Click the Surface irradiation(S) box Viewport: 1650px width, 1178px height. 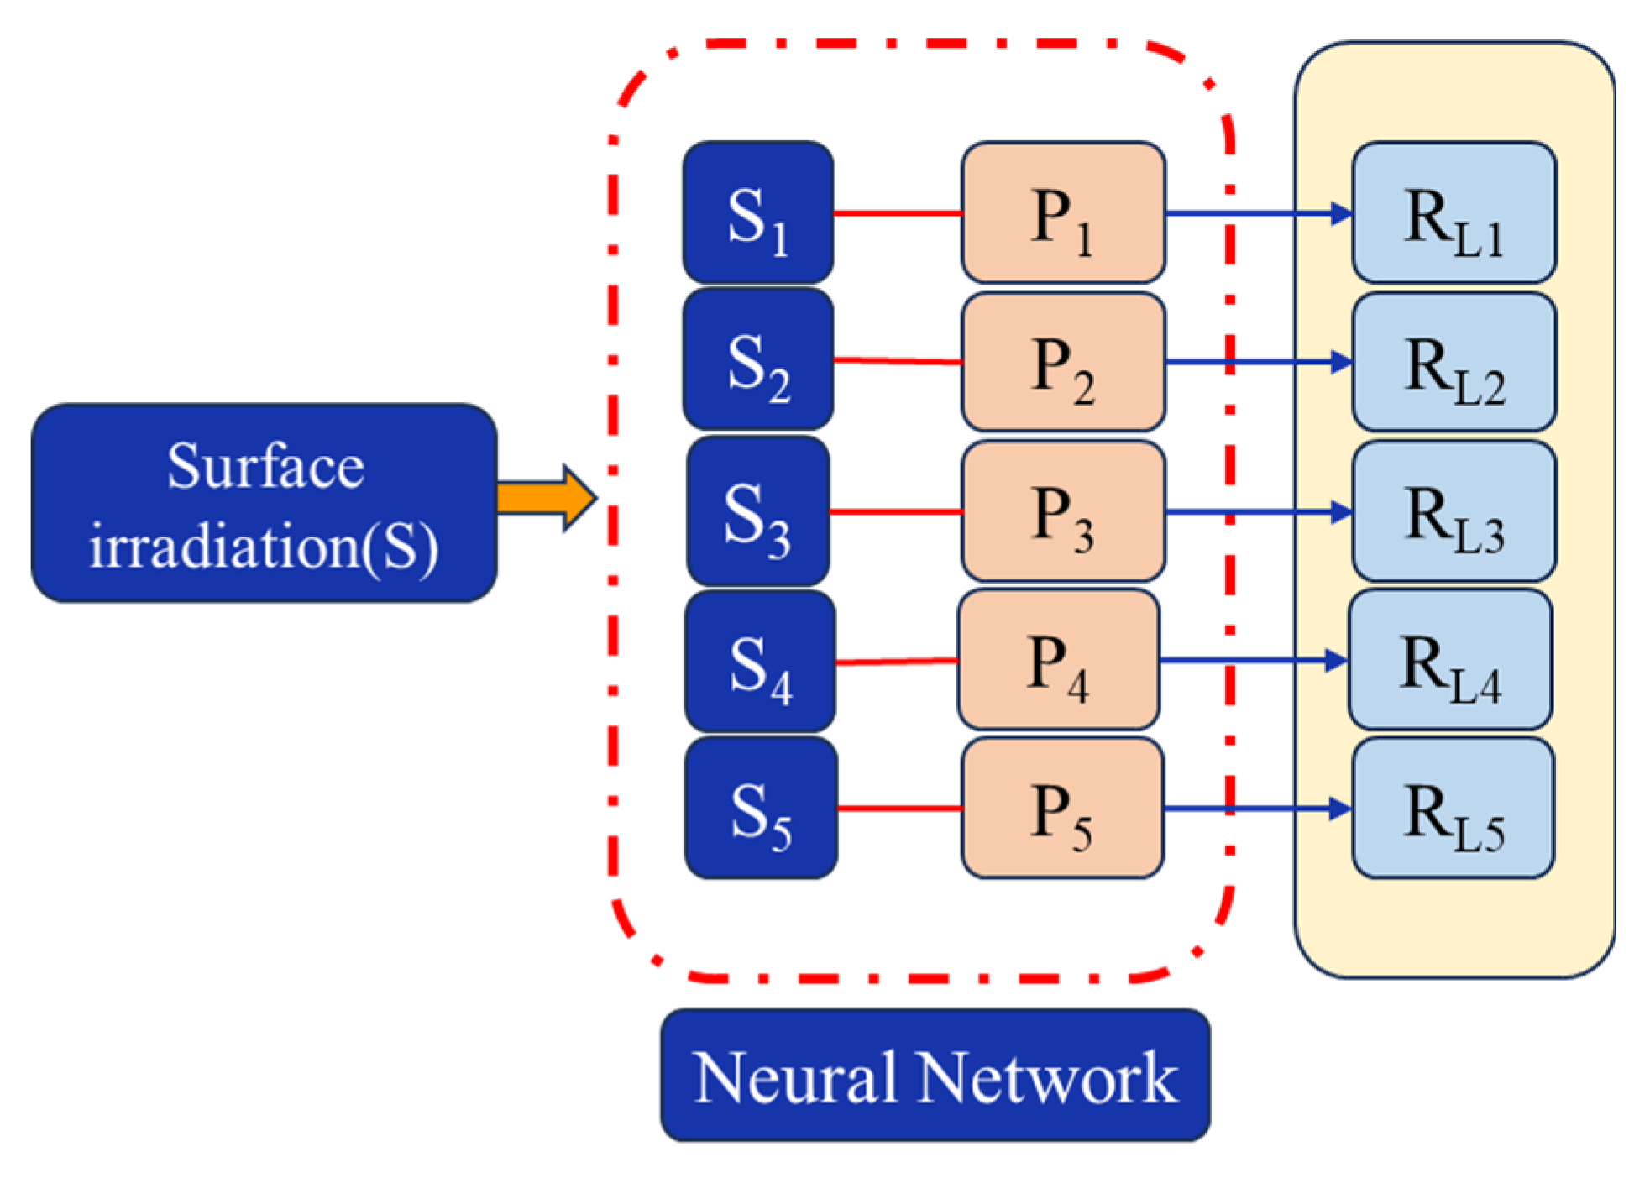point(264,502)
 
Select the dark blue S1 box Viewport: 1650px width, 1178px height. point(757,212)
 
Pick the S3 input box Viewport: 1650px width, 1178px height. point(757,511)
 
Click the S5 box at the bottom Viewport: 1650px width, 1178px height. point(760,809)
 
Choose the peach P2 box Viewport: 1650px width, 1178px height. point(1062,362)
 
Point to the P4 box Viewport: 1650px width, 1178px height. point(1058,660)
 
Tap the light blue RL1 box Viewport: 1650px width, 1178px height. point(1453,212)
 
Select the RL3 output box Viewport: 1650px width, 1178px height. point(1453,511)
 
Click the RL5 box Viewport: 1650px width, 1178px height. point(1453,809)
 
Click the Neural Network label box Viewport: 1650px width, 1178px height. point(935,1076)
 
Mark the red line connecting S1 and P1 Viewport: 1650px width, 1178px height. point(897,213)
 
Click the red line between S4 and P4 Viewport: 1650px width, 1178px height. point(897,662)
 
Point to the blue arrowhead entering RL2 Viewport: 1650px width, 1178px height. point(1341,363)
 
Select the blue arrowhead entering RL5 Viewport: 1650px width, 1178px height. point(1340,809)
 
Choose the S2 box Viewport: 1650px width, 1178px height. point(757,360)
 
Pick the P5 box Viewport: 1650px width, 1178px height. point(1062,809)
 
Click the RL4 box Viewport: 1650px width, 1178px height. point(1449,660)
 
